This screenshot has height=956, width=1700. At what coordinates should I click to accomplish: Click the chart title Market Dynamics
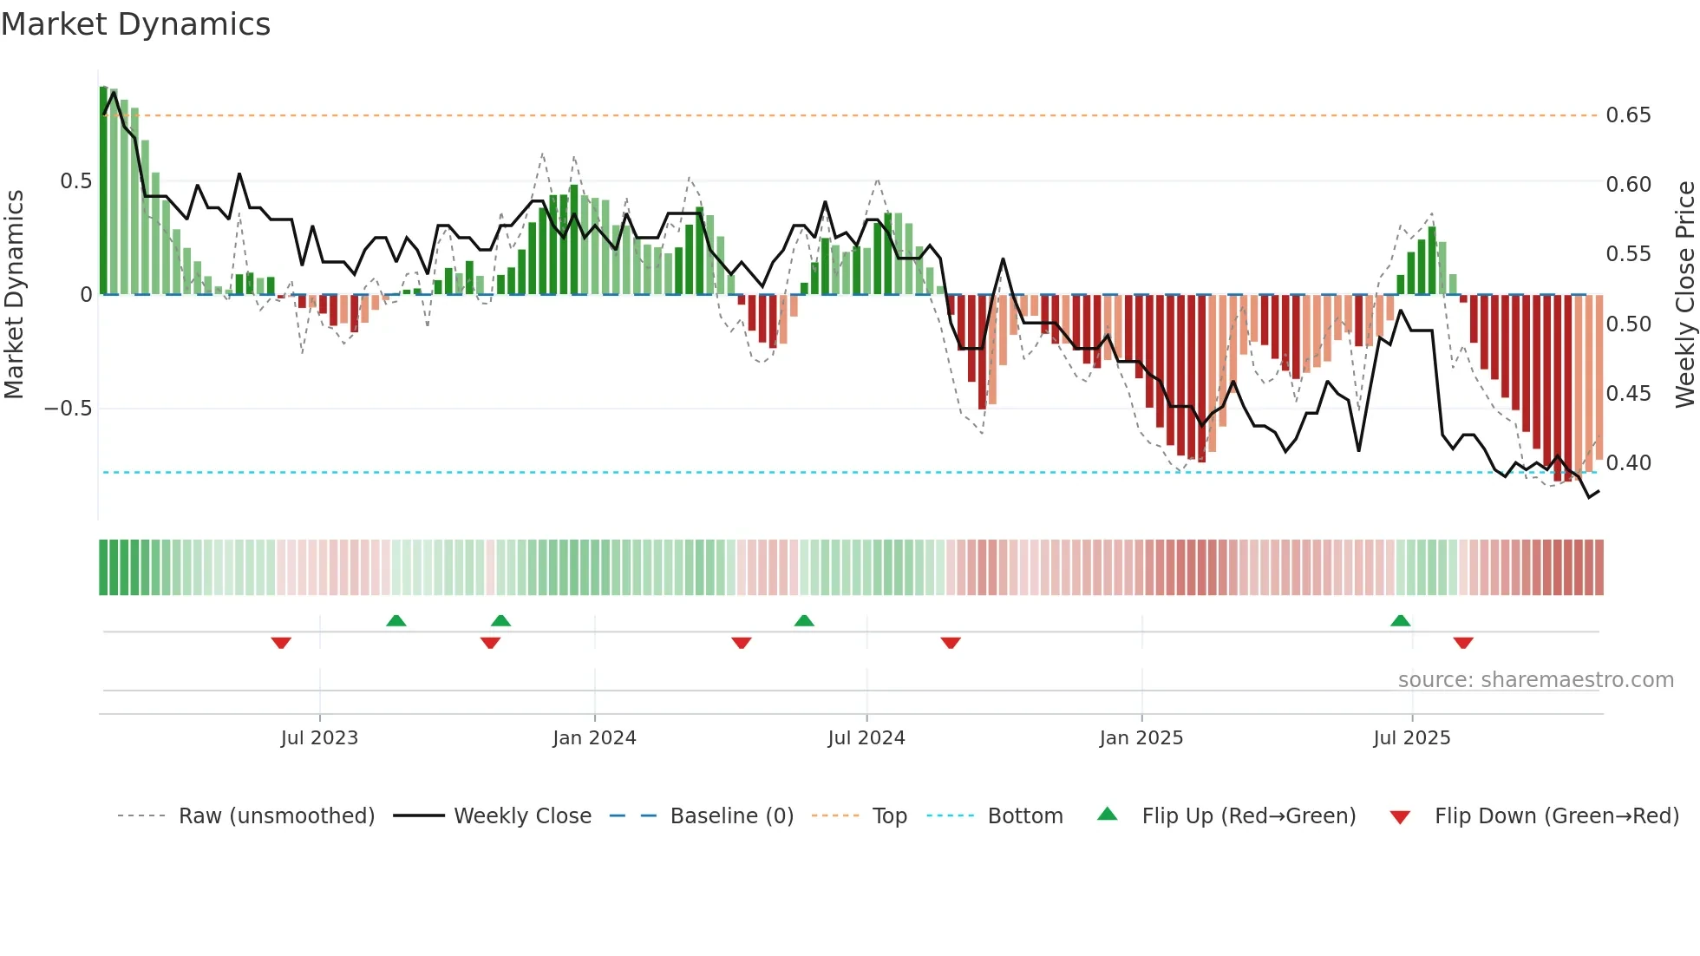135,24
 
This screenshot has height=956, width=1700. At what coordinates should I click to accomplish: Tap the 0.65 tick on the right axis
1628,115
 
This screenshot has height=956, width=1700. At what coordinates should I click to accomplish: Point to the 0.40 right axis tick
1628,463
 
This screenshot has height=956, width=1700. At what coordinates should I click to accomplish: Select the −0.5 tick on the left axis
68,409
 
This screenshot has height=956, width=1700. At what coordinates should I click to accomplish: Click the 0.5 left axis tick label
75,181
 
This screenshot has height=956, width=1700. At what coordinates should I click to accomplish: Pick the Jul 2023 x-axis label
319,738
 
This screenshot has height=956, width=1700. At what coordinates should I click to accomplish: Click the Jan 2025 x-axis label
1141,738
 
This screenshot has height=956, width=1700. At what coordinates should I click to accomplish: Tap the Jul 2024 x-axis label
866,738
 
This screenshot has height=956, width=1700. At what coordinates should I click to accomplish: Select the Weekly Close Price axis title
1684,295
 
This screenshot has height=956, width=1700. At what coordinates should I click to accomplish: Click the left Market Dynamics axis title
14,295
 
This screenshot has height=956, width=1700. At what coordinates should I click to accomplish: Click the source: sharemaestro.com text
1535,680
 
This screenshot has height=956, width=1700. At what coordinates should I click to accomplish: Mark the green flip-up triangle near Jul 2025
1400,620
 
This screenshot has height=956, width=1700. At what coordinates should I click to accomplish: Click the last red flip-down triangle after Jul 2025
1463,643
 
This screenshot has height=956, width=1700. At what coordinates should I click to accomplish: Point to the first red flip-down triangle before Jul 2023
281,643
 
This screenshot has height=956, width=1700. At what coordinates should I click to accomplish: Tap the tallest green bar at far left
104,191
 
